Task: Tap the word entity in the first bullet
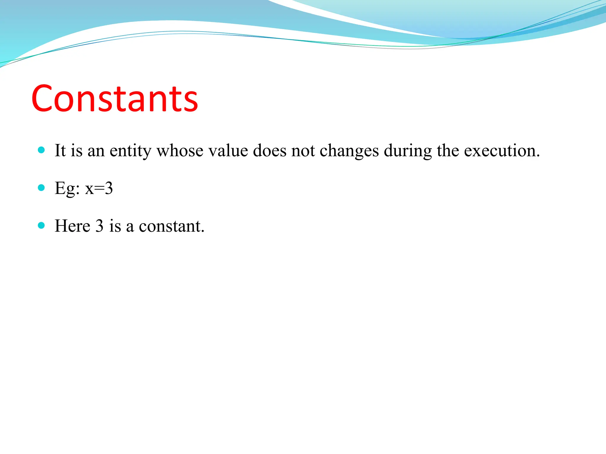(130, 151)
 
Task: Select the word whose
(180, 151)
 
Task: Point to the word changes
(349, 151)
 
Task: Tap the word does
(270, 151)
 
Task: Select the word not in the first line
(303, 151)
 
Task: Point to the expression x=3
(99, 189)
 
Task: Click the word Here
(72, 226)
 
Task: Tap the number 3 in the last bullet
(99, 226)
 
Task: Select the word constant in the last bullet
(171, 226)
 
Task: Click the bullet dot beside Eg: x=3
(41, 188)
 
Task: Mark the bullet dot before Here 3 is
(41, 226)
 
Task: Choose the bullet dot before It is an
(41, 150)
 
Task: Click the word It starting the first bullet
(60, 151)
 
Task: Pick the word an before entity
(96, 151)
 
